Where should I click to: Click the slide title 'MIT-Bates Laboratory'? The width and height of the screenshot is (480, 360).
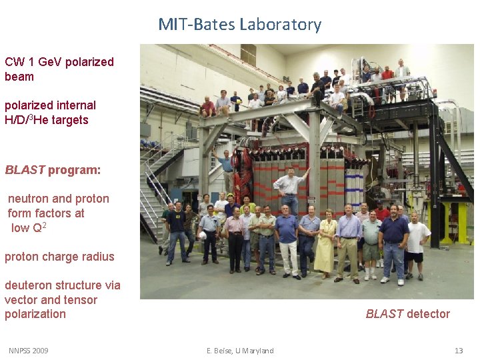tap(239, 25)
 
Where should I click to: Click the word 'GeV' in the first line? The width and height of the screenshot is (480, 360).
tap(51, 62)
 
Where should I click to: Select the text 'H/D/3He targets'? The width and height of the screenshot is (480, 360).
tap(46, 120)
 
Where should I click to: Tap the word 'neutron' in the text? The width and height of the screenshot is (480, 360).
tap(29, 199)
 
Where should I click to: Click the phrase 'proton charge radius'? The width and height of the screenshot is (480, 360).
tap(59, 257)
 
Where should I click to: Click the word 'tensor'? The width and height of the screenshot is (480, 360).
tap(82, 300)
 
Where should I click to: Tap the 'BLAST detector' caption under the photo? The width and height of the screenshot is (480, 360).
tap(407, 314)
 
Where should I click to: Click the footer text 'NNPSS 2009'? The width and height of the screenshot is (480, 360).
tap(28, 351)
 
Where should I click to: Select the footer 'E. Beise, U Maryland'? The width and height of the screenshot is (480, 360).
tap(240, 351)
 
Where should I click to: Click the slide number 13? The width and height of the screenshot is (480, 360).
tap(458, 351)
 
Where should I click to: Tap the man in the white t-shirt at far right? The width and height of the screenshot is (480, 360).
tap(417, 243)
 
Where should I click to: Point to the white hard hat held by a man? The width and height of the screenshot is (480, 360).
tap(203, 235)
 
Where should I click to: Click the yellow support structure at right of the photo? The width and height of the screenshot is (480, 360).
tap(455, 220)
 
